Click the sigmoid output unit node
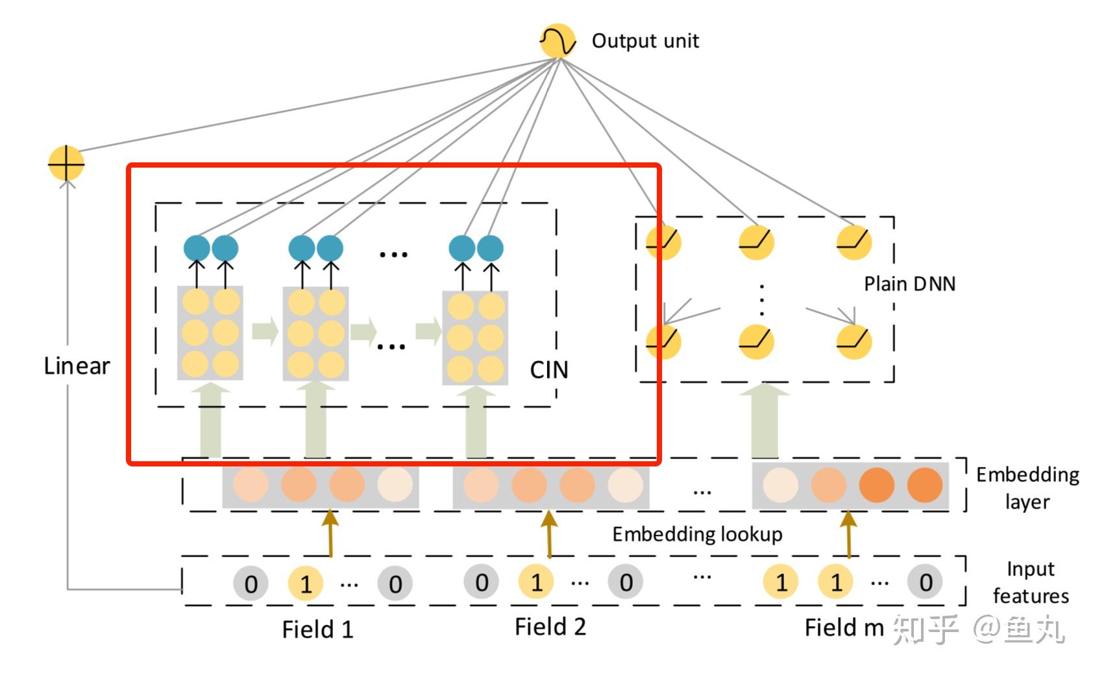[558, 41]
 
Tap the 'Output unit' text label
[645, 41]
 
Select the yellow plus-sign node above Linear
[66, 163]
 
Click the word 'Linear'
[77, 365]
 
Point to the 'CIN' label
[549, 370]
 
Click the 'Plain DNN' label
[909, 284]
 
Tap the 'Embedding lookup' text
[697, 534]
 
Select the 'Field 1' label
[317, 629]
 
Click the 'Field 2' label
[550, 627]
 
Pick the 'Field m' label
[844, 628]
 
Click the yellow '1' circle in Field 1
[306, 583]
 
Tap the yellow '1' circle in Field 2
[535, 581]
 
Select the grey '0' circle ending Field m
[925, 581]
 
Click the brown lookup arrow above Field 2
[550, 533]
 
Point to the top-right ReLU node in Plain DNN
[854, 242]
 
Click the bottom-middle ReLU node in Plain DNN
[756, 342]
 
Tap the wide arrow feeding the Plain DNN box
[764, 420]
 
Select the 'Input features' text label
[1031, 583]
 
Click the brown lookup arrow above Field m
[848, 534]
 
